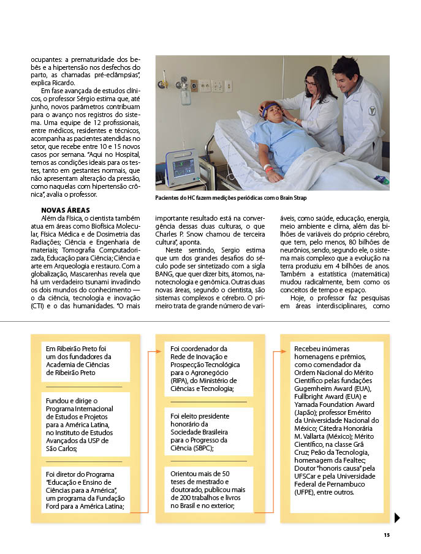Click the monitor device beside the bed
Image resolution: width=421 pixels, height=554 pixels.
183,167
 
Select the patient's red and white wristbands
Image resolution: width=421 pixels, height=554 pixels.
267,167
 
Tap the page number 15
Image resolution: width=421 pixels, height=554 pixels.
387,535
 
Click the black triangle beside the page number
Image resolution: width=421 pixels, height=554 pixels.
397,518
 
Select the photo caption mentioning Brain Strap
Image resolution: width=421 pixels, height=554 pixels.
231,198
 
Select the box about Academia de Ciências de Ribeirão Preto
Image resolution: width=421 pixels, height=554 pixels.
86,360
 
